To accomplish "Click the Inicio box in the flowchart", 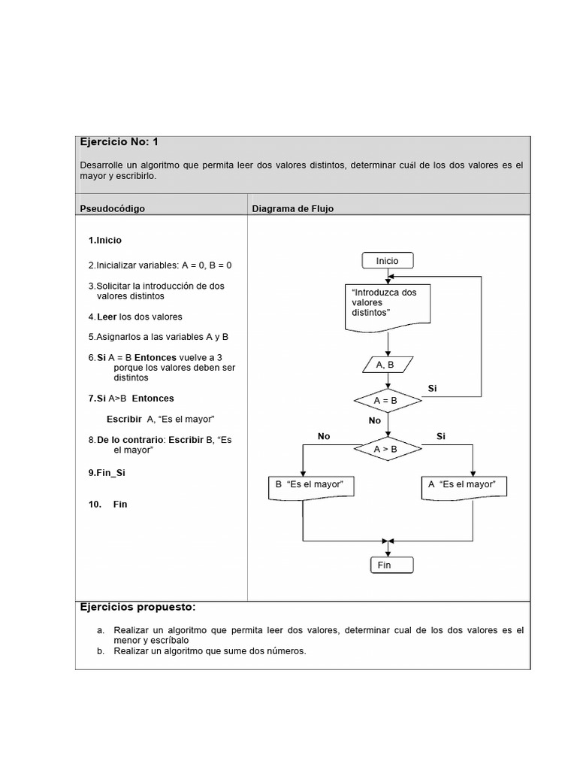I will (387, 261).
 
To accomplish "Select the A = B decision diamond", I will (388, 401).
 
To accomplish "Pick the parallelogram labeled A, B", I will (388, 365).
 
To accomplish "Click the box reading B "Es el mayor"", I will (310, 485).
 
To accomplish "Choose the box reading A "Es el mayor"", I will (464, 485).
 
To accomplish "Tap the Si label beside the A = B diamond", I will (432, 388).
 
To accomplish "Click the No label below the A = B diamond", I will (375, 421).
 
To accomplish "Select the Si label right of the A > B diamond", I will (441, 436).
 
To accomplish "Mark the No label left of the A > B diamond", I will (324, 436).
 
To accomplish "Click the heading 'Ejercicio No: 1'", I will (119, 141).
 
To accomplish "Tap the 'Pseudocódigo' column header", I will (112, 208).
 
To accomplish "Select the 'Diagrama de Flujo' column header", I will (292, 208).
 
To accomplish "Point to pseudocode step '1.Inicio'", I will (104, 241).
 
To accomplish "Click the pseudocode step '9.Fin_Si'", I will (107, 473).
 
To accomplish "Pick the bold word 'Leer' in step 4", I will (107, 317).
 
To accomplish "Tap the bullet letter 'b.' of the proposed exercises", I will (101, 651).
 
